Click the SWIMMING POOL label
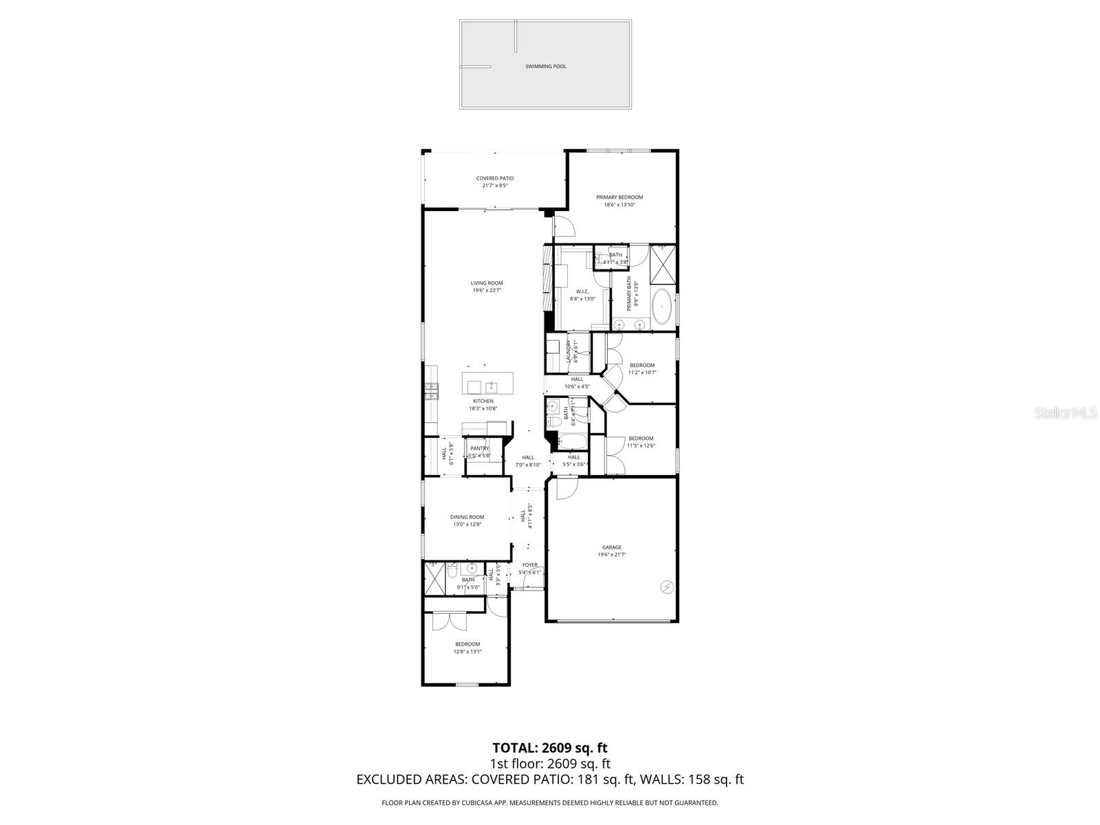546,67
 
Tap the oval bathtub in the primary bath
662,306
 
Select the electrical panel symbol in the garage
665,586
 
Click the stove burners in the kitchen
432,392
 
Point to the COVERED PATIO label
495,179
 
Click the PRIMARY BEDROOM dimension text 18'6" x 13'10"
619,205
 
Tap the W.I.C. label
582,291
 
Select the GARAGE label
612,548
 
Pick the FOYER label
530,565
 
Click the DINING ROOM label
467,517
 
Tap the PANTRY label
480,448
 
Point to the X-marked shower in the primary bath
663,264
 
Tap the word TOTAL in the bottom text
515,748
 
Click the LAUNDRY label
569,351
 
